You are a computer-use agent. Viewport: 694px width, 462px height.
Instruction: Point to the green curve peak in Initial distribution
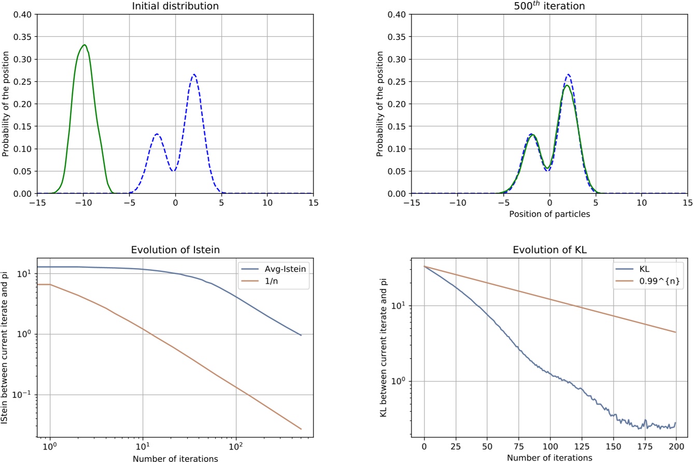[x=84, y=45]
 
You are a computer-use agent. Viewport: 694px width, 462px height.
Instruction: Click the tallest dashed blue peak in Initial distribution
[x=194, y=75]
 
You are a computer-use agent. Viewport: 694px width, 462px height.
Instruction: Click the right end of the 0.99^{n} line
[x=676, y=332]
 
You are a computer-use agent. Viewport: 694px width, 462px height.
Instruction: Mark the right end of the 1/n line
[x=301, y=429]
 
